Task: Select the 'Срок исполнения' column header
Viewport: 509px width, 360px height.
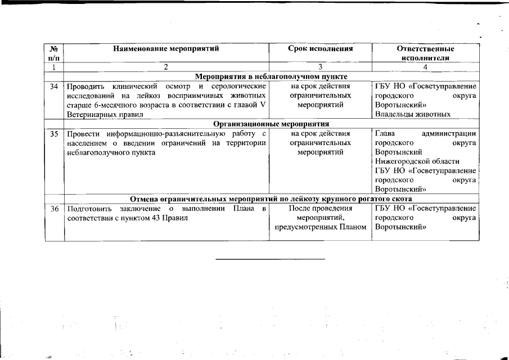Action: click(x=320, y=49)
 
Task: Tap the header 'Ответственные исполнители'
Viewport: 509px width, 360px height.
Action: click(x=425, y=53)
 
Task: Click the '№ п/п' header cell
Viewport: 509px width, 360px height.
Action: click(x=55, y=53)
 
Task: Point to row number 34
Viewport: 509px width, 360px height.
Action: click(x=55, y=87)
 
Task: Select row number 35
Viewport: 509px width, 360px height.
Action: click(x=55, y=134)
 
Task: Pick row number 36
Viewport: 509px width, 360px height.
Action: click(x=55, y=209)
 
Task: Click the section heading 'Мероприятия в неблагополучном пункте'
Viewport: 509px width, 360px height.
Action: click(x=271, y=76)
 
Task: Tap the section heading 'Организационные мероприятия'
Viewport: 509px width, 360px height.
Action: click(x=271, y=124)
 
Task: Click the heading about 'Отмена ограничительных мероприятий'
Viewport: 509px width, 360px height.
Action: click(x=271, y=199)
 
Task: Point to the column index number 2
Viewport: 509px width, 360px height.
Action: click(x=166, y=67)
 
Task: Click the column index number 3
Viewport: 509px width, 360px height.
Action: click(x=320, y=67)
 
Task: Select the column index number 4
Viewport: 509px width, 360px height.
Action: click(x=425, y=67)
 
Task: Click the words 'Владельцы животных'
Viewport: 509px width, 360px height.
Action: click(x=412, y=114)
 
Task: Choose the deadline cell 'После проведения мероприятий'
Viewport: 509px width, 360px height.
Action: click(x=320, y=218)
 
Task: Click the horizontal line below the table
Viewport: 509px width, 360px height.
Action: click(x=271, y=259)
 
